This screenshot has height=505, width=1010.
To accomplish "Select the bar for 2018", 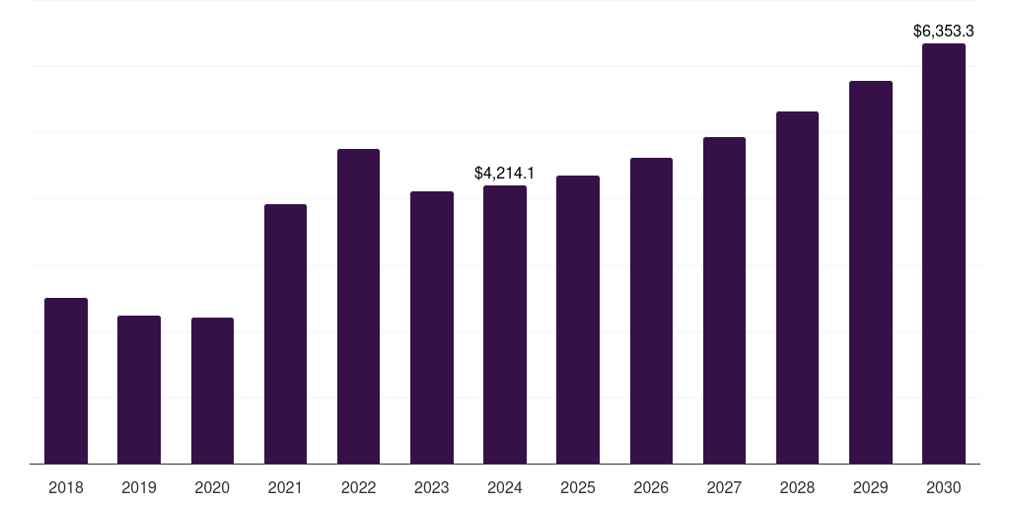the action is click(66, 381).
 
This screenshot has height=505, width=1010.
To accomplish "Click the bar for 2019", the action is click(139, 390).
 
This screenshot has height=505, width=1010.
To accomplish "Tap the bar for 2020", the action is click(213, 391).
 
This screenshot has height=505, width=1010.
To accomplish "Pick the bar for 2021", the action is click(285, 334).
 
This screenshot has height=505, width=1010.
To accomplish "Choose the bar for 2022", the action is click(358, 307).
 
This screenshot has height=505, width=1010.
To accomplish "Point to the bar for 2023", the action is click(432, 327).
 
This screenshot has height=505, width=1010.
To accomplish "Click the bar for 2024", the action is click(505, 325).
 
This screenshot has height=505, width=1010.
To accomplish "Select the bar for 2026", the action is click(651, 311).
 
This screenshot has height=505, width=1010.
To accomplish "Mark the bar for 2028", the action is click(797, 288).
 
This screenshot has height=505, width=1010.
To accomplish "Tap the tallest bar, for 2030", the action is click(944, 253).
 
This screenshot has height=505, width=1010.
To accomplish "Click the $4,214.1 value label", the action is click(504, 173).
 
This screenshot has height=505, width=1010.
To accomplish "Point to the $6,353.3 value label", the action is click(944, 31).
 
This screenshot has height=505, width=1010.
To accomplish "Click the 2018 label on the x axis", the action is click(66, 487).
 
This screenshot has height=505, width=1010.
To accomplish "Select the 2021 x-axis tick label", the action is click(285, 487).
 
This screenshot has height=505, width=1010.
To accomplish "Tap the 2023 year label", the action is click(432, 487).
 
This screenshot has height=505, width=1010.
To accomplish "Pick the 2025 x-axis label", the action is click(578, 487).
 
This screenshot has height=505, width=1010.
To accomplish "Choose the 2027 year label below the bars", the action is click(724, 487).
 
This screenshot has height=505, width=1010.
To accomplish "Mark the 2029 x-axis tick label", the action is click(870, 487).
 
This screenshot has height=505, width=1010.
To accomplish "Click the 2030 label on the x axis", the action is click(944, 487).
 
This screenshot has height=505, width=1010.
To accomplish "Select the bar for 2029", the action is click(871, 272).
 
